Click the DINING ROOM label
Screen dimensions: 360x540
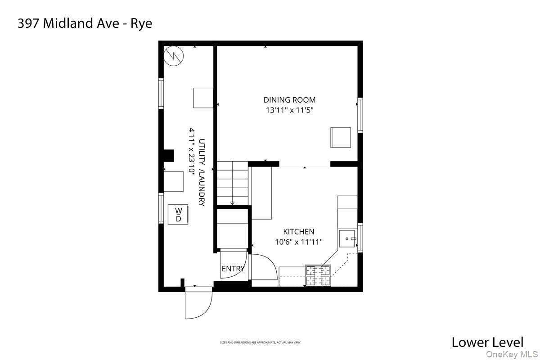289,100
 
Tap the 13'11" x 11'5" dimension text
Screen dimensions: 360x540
289,110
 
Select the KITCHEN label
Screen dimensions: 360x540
298,232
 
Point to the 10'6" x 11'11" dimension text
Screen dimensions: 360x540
298,242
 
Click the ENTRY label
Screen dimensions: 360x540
233,269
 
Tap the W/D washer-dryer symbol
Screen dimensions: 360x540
178,215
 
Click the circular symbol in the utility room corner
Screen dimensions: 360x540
174,55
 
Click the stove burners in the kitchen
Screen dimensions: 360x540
318,275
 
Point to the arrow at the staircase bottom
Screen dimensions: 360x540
232,203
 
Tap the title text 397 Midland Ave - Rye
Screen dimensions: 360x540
85,23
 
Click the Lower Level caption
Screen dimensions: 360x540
487,342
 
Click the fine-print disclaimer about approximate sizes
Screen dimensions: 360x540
260,342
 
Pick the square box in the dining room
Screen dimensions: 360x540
341,137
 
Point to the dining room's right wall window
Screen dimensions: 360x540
360,115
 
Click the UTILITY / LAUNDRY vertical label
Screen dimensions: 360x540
202,172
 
